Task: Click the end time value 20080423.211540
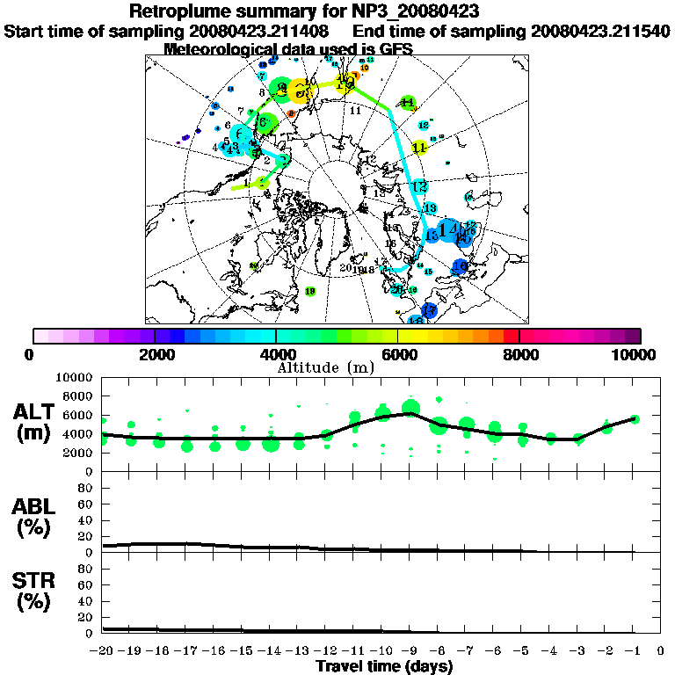click(601, 31)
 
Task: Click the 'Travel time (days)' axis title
click(384, 666)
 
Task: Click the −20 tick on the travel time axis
click(103, 651)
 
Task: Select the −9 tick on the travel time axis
click(410, 651)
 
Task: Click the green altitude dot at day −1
click(635, 419)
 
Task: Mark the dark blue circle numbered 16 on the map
click(459, 266)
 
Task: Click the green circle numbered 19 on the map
click(309, 291)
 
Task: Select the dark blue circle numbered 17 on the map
click(429, 309)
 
